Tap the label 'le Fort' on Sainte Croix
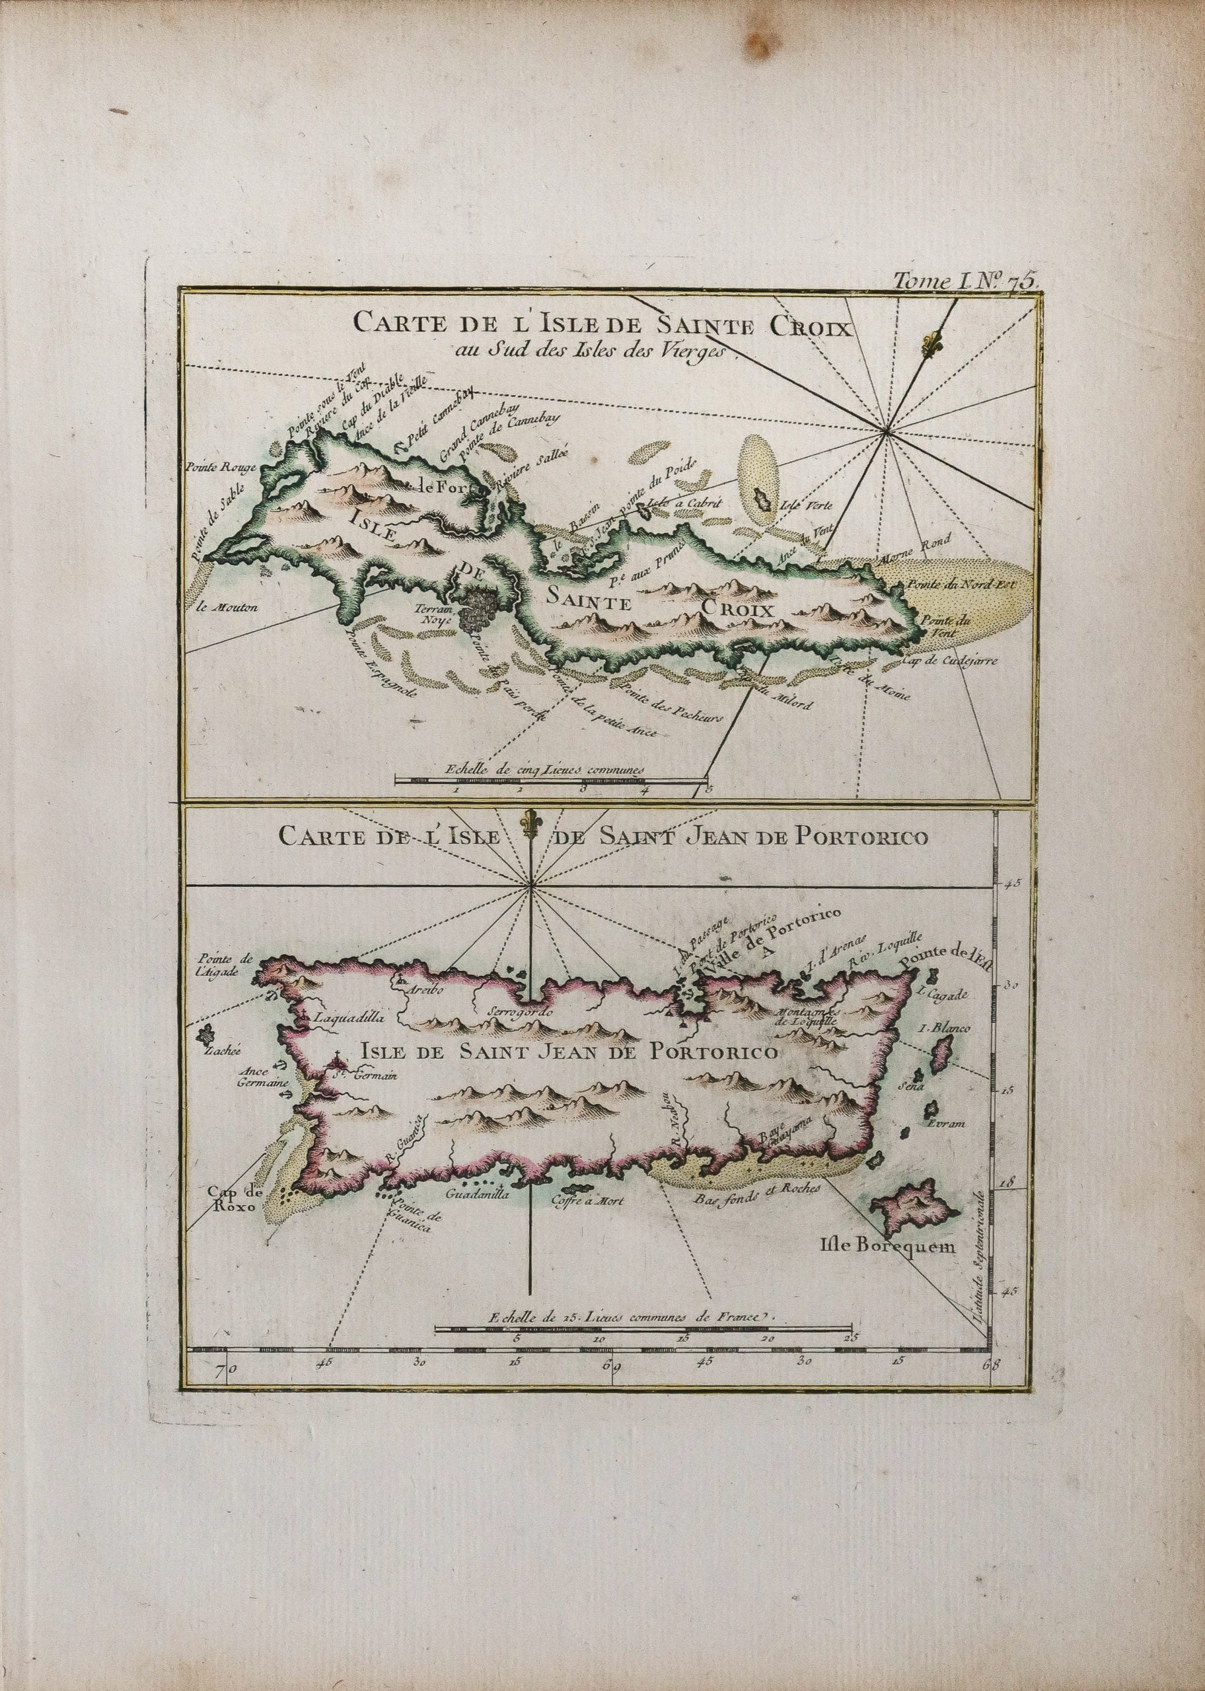(x=443, y=487)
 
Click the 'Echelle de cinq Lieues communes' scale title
(x=542, y=771)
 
